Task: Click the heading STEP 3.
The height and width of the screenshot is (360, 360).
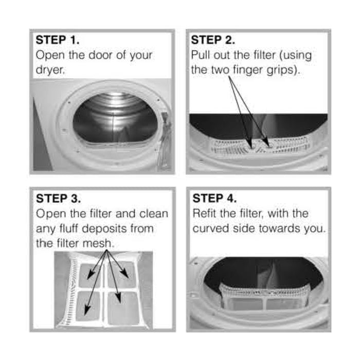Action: pos(58,198)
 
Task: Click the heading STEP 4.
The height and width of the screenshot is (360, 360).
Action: pos(214,198)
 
